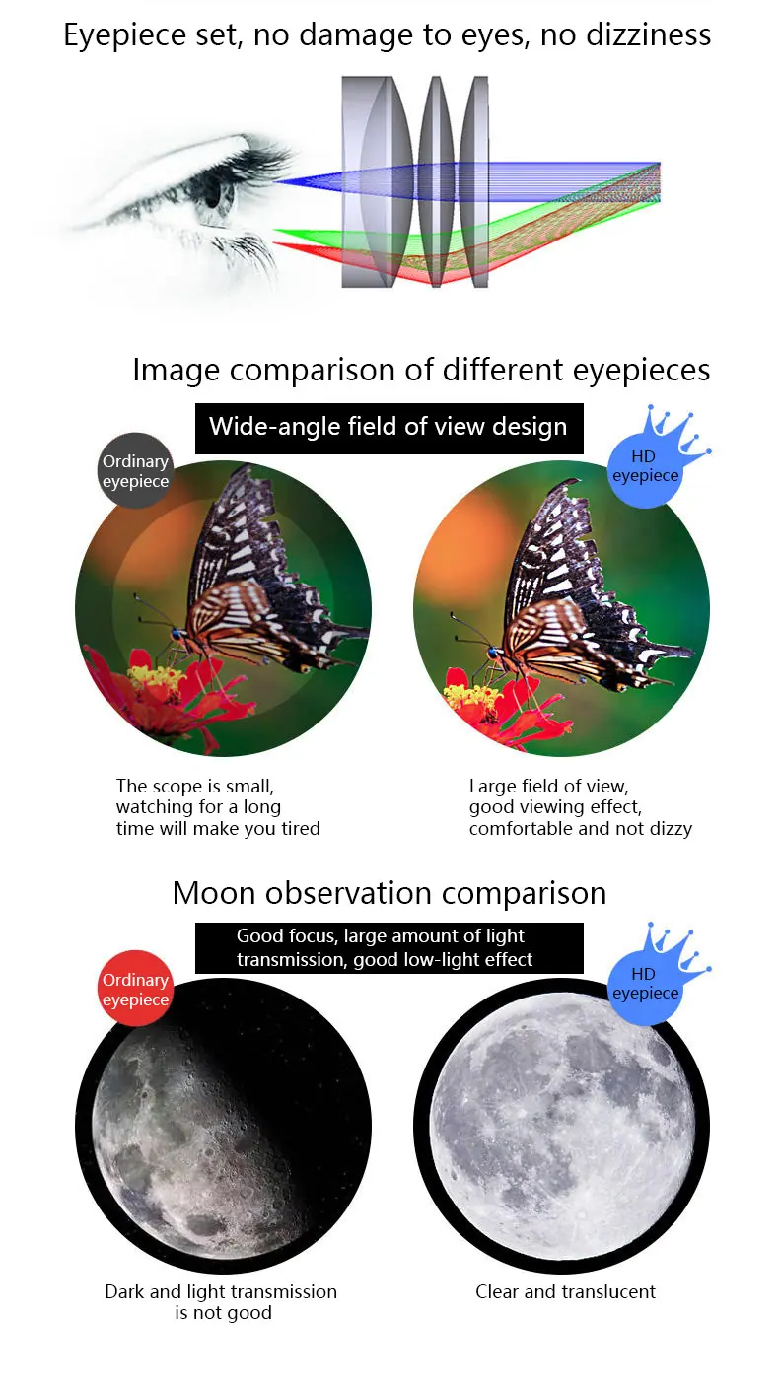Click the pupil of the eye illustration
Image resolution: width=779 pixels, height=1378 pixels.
(x=214, y=193)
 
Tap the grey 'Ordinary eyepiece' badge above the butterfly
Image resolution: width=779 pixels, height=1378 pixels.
(x=136, y=471)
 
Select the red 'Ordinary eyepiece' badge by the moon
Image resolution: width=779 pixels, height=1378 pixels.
(x=136, y=989)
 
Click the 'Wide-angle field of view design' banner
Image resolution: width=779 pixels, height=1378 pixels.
(x=389, y=427)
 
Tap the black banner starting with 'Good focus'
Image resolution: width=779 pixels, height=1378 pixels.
(x=389, y=947)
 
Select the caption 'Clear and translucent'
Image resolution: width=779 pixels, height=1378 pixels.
(x=565, y=1291)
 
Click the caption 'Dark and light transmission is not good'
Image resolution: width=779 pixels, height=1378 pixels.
(x=222, y=1301)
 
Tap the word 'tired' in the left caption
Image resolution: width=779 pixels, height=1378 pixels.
(x=295, y=828)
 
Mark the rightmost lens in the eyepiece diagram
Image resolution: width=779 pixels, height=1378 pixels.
(x=476, y=182)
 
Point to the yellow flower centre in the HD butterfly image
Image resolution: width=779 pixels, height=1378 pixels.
(x=472, y=694)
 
